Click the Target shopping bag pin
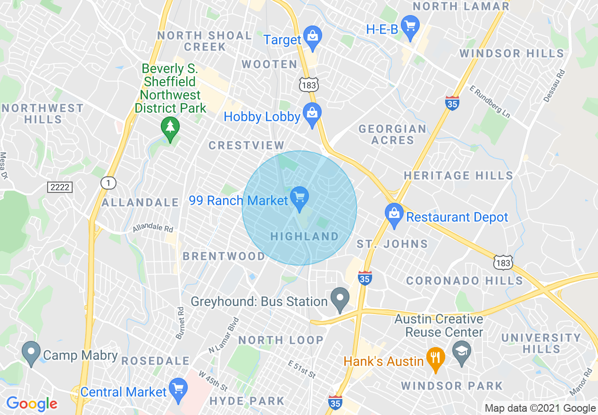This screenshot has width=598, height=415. coord(312,36)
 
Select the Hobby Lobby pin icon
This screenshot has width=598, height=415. coord(312,114)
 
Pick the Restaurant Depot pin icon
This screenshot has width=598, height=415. coord(393,214)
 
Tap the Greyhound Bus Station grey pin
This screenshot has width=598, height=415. coord(340,299)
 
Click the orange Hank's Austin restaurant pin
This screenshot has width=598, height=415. coord(433,358)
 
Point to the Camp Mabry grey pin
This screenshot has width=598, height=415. coord(32,353)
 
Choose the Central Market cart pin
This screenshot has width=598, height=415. coord(178,389)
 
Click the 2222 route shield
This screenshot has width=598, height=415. coord(60,187)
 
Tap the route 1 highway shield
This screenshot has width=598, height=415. coord(108,183)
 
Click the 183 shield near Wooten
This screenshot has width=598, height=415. coord(309,84)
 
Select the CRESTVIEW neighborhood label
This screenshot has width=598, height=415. coord(247,145)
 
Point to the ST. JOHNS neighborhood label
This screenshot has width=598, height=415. coord(392,244)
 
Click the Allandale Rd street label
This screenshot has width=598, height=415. coord(153,229)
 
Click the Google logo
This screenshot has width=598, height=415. coord(32,404)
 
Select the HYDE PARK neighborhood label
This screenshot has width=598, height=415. coord(247,401)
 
